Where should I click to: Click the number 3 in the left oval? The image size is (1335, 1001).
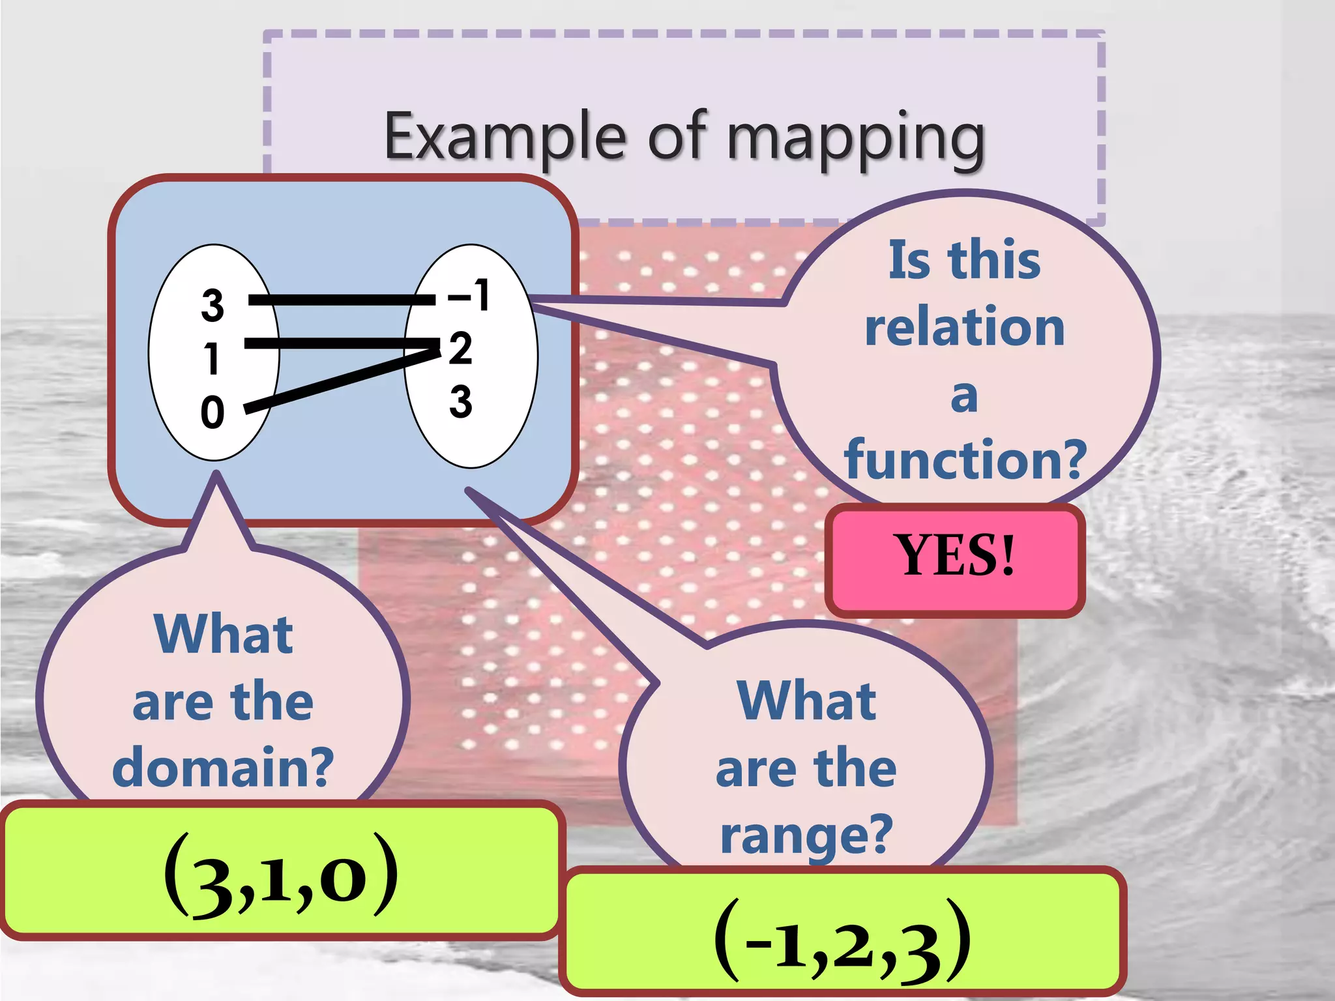pos(213,305)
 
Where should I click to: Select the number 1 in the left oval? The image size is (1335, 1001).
pos(211,358)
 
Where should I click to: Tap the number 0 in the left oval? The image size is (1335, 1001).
pos(213,413)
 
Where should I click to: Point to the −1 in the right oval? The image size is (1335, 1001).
pos(469,295)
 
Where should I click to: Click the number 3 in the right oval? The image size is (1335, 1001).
pos(460,401)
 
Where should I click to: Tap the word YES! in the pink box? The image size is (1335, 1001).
pos(957,555)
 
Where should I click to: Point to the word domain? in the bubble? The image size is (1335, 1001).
pos(223,767)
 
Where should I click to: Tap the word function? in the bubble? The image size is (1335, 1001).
pos(965,459)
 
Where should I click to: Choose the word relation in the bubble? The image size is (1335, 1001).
pos(964,326)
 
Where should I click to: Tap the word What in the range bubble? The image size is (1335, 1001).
pos(806,701)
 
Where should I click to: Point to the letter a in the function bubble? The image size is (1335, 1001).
pos(964,396)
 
